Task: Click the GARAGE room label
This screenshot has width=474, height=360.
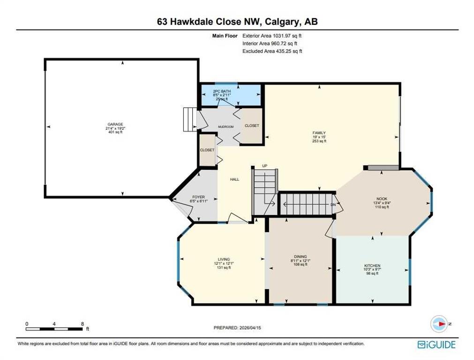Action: tap(115, 124)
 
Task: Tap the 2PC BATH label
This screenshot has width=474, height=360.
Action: tap(222, 91)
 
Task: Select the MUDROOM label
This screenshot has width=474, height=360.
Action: tap(226, 127)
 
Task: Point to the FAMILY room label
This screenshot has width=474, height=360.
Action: tap(319, 133)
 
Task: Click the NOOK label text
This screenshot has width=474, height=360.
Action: tap(382, 199)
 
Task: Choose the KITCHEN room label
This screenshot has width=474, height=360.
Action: tap(372, 265)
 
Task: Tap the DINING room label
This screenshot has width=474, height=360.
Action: tap(300, 256)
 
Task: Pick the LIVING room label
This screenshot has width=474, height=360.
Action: tap(224, 259)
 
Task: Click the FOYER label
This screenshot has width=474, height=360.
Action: tap(199, 197)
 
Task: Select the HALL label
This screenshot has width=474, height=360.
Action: tap(234, 179)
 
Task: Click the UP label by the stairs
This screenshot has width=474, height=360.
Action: tap(265, 165)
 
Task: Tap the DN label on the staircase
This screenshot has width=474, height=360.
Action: tap(333, 205)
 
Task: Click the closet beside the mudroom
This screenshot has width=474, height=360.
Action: tap(252, 126)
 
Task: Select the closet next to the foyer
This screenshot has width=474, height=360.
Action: tap(207, 150)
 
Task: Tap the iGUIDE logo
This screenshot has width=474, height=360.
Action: tap(436, 345)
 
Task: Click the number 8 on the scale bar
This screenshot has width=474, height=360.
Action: tap(82, 324)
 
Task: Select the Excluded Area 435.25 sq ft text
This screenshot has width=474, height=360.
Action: tap(272, 51)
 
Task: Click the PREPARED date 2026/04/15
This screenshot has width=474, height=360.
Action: tap(250, 328)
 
